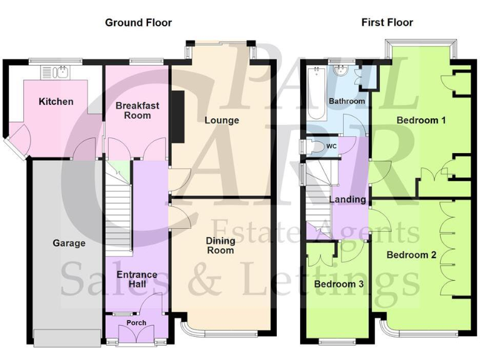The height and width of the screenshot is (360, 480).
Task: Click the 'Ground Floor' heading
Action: pyautogui.click(x=138, y=22)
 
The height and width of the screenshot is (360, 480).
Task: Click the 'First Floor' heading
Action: pyautogui.click(x=387, y=22)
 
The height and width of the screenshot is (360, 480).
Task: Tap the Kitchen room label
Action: pyautogui.click(x=56, y=102)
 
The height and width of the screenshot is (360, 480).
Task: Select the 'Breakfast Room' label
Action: pyautogui.click(x=137, y=111)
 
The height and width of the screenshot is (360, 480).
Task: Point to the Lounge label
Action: pyautogui.click(x=221, y=120)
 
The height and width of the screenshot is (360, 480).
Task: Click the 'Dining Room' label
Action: pyautogui.click(x=221, y=245)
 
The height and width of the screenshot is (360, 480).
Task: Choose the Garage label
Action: pyautogui.click(x=69, y=242)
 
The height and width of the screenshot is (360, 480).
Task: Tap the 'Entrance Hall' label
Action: pyautogui.click(x=136, y=280)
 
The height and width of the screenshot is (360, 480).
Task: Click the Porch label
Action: pyautogui.click(x=136, y=323)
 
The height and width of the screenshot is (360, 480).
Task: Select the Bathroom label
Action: pyautogui.click(x=347, y=101)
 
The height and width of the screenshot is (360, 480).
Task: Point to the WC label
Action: pyautogui.click(x=331, y=146)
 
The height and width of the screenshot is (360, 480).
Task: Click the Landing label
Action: pyautogui.click(x=348, y=199)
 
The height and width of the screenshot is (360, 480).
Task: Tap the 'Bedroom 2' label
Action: pyautogui.click(x=411, y=254)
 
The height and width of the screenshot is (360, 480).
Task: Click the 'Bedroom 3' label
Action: pyautogui.click(x=338, y=284)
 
